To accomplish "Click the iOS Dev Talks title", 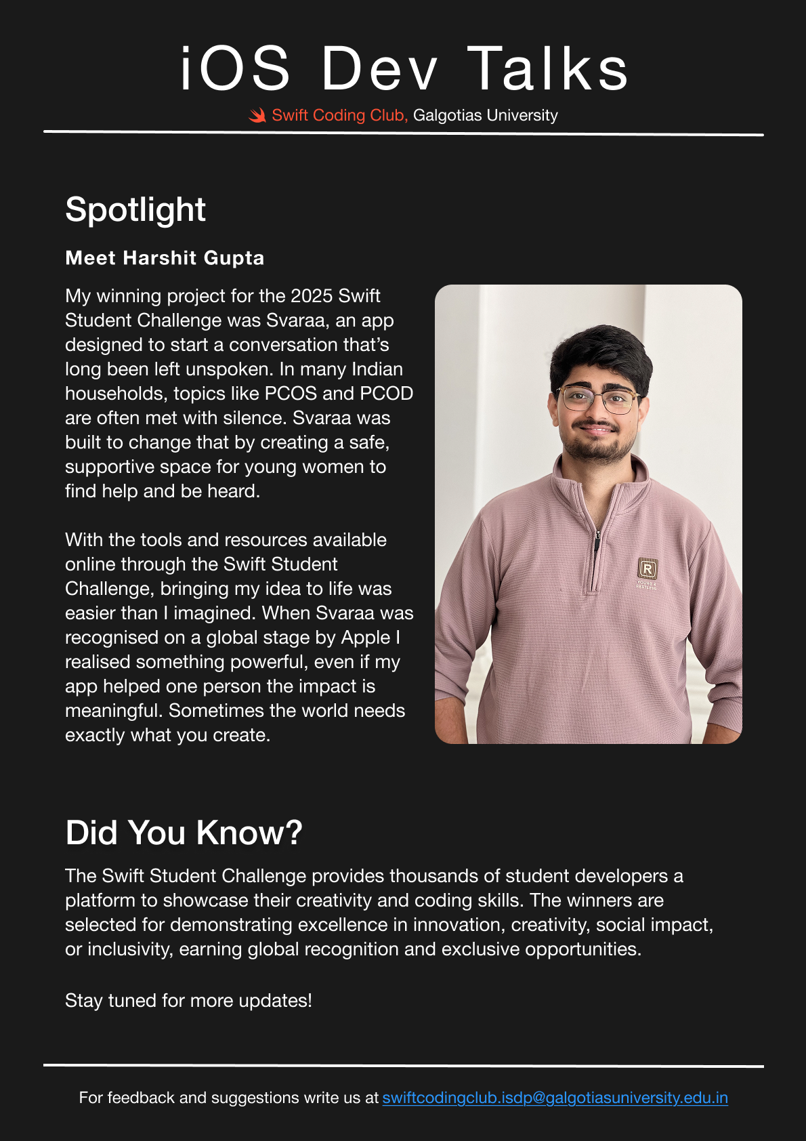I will pyautogui.click(x=404, y=68).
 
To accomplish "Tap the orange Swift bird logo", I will pyautogui.click(x=257, y=116).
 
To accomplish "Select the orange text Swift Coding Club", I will pyautogui.click(x=339, y=116).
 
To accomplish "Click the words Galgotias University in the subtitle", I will pyautogui.click(x=485, y=116).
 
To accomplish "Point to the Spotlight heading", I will pyautogui.click(x=135, y=209).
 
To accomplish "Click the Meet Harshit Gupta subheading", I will pyautogui.click(x=165, y=258).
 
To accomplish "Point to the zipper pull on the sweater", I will pyautogui.click(x=597, y=542).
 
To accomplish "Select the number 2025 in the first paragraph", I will pyautogui.click(x=312, y=296).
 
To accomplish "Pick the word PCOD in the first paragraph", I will pyautogui.click(x=386, y=394).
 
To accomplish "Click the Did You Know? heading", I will pyautogui.click(x=184, y=833).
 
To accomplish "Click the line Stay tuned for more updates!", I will pyautogui.click(x=188, y=1001).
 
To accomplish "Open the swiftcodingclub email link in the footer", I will pyautogui.click(x=555, y=1098).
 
